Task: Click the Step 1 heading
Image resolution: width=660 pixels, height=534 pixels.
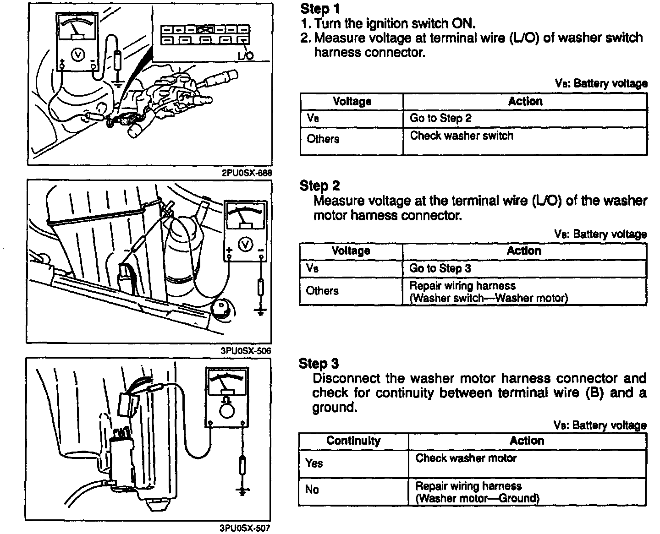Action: point(319,9)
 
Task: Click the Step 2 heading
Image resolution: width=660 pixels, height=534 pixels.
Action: point(319,185)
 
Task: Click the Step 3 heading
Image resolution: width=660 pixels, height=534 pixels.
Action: point(319,364)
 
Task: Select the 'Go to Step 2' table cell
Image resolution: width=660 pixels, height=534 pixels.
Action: point(440,118)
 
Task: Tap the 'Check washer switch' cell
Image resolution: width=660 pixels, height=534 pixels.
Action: point(462,136)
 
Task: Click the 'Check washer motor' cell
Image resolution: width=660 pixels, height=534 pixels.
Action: point(466,458)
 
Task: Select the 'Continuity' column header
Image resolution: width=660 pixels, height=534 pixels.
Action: point(353,441)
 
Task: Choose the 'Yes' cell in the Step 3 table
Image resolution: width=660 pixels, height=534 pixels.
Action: point(314,463)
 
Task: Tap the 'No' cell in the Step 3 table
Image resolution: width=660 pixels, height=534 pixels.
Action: point(312,490)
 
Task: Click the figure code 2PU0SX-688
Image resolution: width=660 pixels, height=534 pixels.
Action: point(247,173)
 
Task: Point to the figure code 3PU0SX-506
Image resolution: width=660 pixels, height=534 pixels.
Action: point(247,351)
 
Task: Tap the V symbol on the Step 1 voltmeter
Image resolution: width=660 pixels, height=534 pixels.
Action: point(77,54)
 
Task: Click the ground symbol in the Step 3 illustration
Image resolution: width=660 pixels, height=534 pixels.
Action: point(242,491)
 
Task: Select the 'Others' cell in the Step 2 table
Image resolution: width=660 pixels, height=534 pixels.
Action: point(322,291)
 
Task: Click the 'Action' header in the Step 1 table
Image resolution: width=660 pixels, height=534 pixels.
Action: point(525,101)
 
